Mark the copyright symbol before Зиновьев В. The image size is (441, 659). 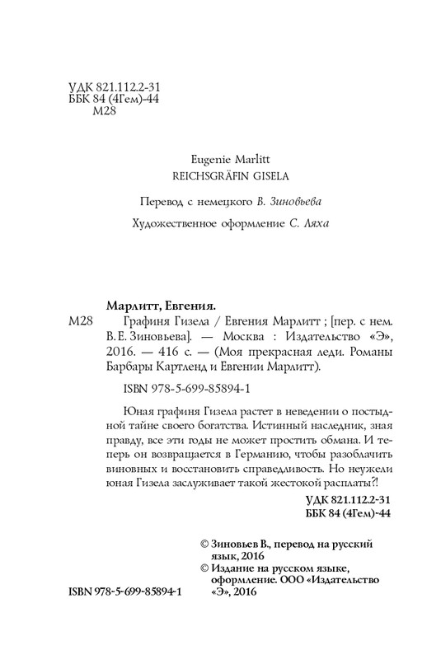194,545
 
